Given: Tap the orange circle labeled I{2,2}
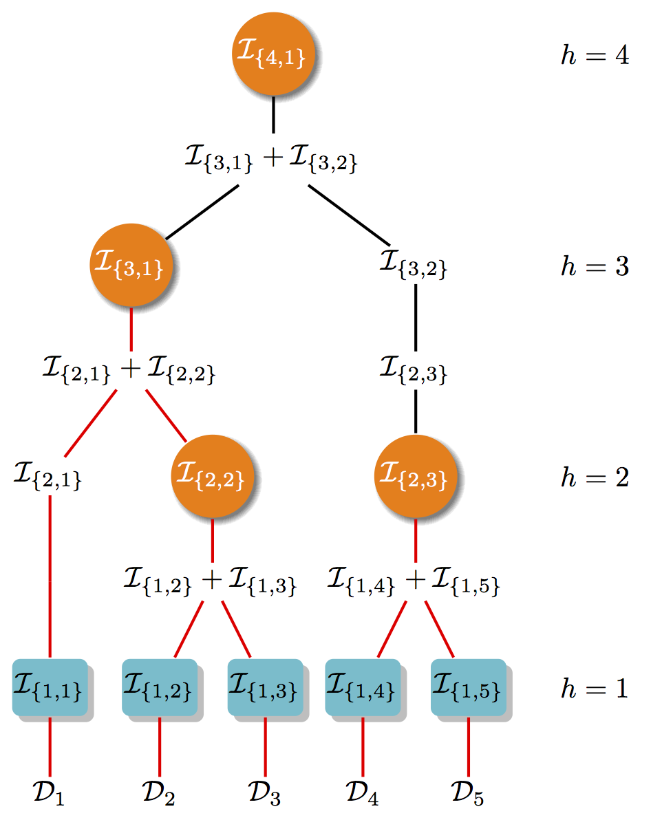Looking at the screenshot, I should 212,477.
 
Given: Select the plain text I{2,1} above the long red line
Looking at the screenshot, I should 47,476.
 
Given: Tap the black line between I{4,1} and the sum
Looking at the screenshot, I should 274,115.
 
